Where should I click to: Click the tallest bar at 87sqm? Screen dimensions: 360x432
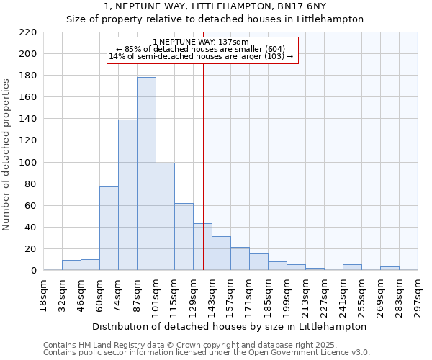(146, 174)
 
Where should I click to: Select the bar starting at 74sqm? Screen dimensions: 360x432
(127, 195)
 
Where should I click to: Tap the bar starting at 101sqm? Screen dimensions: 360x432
(165, 217)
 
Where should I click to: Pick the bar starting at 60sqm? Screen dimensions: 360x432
(109, 228)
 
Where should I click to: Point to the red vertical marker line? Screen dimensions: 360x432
(203, 166)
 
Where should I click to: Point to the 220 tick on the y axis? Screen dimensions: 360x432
(28, 32)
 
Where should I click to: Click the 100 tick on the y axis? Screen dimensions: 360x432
(28, 163)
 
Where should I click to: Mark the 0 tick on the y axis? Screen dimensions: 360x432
(33, 271)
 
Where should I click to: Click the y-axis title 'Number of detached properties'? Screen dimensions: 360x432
(7, 151)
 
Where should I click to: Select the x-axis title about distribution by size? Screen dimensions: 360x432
(230, 326)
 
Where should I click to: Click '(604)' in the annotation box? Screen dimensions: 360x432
(274, 49)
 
